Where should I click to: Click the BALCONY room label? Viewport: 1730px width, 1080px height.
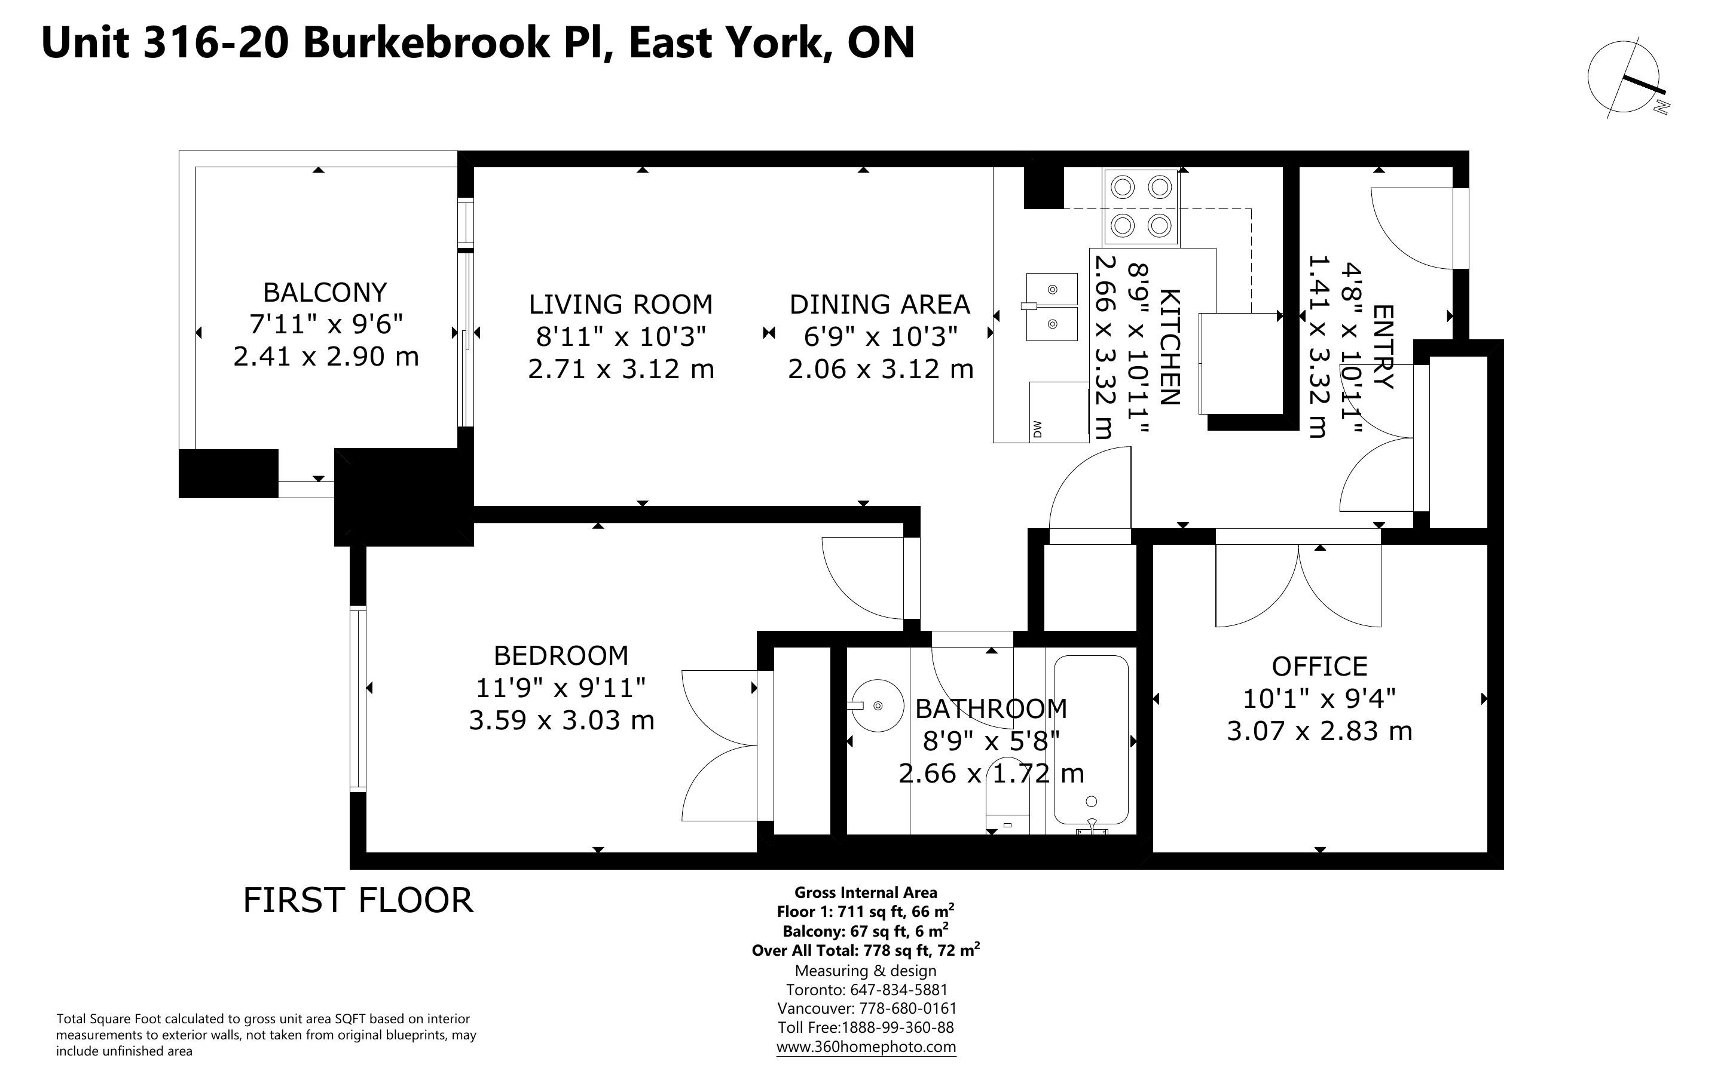pos(325,292)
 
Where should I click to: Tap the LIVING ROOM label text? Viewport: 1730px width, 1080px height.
pos(621,304)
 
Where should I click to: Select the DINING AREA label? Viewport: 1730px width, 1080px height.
pos(880,304)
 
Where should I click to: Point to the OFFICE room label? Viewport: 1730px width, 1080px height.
pos(1319,667)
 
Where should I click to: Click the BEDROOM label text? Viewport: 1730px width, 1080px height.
pos(561,655)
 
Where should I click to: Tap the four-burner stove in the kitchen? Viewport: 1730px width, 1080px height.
pos(1141,207)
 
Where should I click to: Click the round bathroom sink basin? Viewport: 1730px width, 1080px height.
pos(878,705)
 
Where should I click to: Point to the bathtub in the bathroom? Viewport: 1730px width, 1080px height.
pos(1091,740)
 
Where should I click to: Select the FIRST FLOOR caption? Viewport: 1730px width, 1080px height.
pos(358,900)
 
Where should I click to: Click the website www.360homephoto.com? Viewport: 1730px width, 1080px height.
pos(866,1047)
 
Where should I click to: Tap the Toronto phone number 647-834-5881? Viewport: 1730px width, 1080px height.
pos(898,990)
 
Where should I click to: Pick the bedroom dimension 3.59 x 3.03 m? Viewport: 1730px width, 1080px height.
pos(562,720)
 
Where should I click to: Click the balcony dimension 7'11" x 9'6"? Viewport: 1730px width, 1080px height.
pos(326,324)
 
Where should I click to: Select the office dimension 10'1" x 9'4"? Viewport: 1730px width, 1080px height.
pos(1319,698)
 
